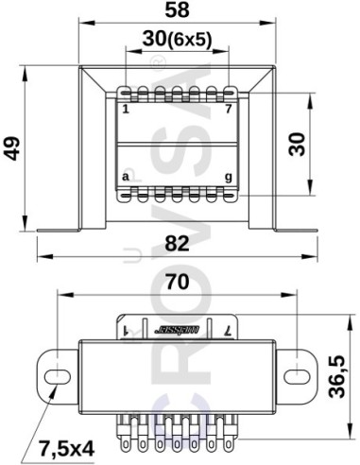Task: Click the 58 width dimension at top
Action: pos(178,11)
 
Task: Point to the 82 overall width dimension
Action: pos(178,243)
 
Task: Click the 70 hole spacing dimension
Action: pos(177,281)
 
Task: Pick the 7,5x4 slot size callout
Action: pos(66,445)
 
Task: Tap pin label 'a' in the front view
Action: pos(126,177)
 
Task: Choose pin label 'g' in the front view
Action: pos(228,177)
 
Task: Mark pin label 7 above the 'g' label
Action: pos(228,107)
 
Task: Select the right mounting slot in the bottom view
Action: pos(297,370)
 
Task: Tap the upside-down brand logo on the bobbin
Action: pos(176,331)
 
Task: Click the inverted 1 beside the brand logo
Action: pos(126,331)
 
